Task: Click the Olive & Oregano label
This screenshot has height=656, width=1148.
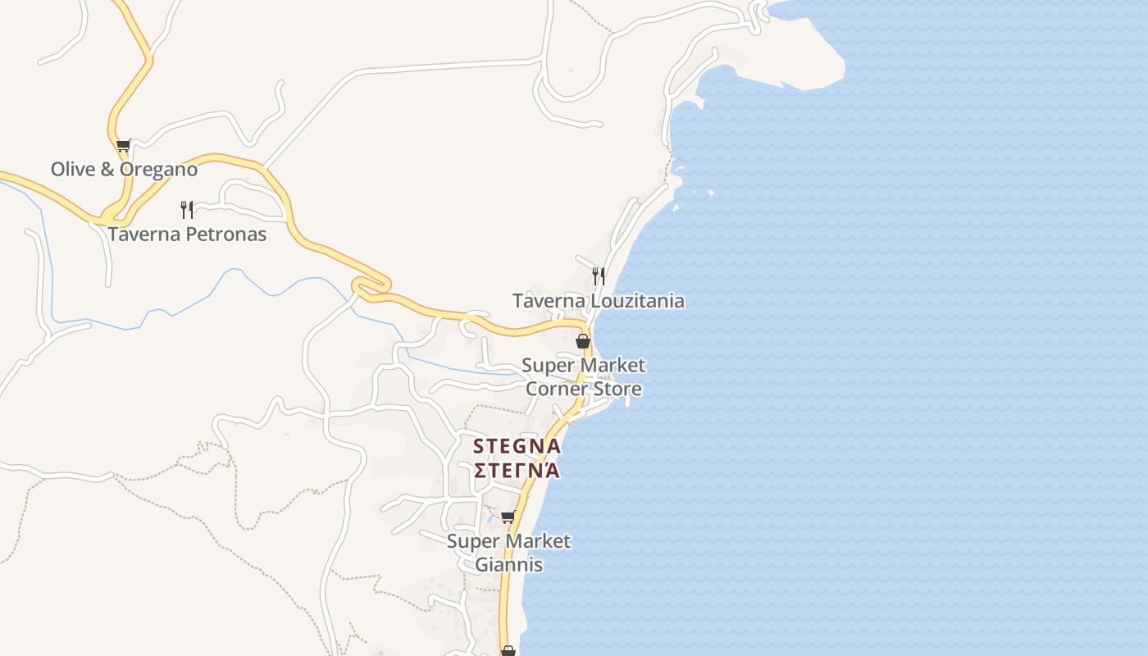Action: pyautogui.click(x=124, y=170)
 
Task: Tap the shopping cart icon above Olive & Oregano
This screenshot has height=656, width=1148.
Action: pyautogui.click(x=123, y=146)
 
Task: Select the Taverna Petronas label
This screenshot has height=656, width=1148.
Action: pyautogui.click(x=187, y=235)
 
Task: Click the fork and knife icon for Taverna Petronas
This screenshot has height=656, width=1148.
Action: pyautogui.click(x=187, y=209)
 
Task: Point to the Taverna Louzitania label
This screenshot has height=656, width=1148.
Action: pyautogui.click(x=598, y=301)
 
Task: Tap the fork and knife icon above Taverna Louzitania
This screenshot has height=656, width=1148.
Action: pyautogui.click(x=599, y=276)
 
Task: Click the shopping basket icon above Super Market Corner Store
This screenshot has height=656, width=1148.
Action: pyautogui.click(x=583, y=341)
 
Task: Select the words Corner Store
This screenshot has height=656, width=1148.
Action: pyautogui.click(x=583, y=389)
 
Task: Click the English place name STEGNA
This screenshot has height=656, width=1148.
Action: pyautogui.click(x=517, y=447)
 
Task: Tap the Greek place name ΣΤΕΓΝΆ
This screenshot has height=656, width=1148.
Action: pyautogui.click(x=517, y=471)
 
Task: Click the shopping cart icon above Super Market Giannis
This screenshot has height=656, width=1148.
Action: pyautogui.click(x=508, y=517)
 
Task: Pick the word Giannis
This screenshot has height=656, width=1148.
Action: pyautogui.click(x=508, y=565)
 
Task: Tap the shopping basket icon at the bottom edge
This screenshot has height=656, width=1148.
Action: pyautogui.click(x=508, y=651)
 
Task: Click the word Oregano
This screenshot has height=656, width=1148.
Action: pyautogui.click(x=159, y=170)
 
